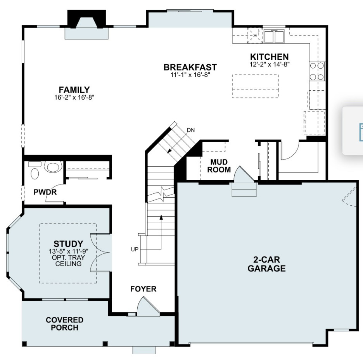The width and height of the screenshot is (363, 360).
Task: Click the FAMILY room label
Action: pos(74,90)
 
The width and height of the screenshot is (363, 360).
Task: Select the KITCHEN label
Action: pos(269,57)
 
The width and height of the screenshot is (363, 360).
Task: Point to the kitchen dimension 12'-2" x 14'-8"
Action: pos(270,64)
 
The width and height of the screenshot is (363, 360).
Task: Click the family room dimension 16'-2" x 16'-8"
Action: pos(74,98)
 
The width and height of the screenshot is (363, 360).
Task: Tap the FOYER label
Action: pos(143,289)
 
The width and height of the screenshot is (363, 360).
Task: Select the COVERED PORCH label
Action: pos(64,324)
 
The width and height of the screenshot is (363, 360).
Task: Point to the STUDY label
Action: pos(68,244)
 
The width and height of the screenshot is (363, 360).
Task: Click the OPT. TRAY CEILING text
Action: pos(68,261)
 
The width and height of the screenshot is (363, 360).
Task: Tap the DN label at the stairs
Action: pos(190,130)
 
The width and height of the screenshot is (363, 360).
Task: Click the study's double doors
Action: pos(99,253)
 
